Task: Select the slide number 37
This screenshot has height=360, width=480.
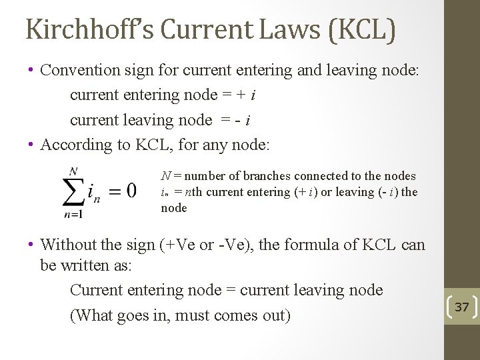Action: [x=461, y=307]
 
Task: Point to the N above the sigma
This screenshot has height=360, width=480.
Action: [x=73, y=171]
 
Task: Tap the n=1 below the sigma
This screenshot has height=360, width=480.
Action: [x=73, y=215]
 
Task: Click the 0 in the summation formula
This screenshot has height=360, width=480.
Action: [x=131, y=191]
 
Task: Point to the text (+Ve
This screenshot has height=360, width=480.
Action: [x=177, y=245]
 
